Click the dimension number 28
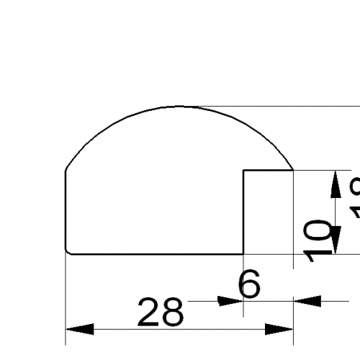161,312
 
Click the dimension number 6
248,287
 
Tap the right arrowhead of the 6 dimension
307,302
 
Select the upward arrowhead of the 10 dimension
336,184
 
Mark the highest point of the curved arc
180,106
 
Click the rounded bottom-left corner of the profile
68,251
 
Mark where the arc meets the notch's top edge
292,171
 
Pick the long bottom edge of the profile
155,253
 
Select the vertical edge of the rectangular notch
243,212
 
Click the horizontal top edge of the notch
268,171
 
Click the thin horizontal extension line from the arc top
288,106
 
